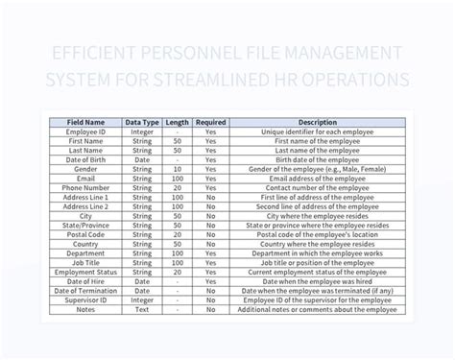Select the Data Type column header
click(141, 123)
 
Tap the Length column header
click(178, 123)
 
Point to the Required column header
click(210, 123)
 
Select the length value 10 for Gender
click(178, 168)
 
